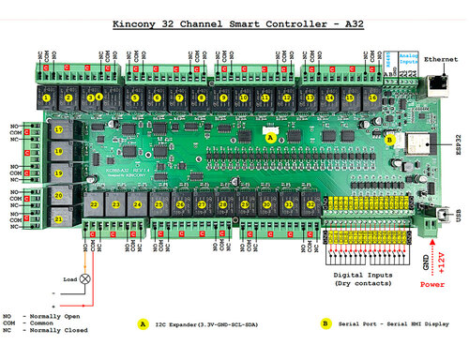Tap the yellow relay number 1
point(46,97)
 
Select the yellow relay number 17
point(58,129)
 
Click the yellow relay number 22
point(94,203)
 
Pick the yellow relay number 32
point(310,203)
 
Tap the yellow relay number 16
point(374,97)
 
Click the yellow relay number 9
point(224,97)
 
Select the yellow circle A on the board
point(271,136)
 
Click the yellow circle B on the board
point(390,139)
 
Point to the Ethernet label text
point(440,59)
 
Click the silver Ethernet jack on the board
point(438,83)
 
